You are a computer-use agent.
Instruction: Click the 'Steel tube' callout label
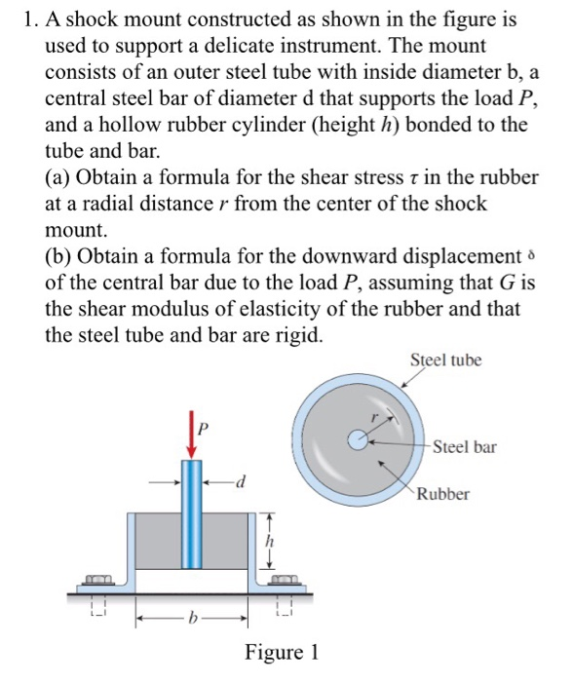[x=446, y=360]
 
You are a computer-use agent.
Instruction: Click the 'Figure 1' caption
[x=283, y=652]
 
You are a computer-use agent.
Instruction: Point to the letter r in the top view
[x=371, y=416]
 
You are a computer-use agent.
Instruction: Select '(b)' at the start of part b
[x=60, y=256]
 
